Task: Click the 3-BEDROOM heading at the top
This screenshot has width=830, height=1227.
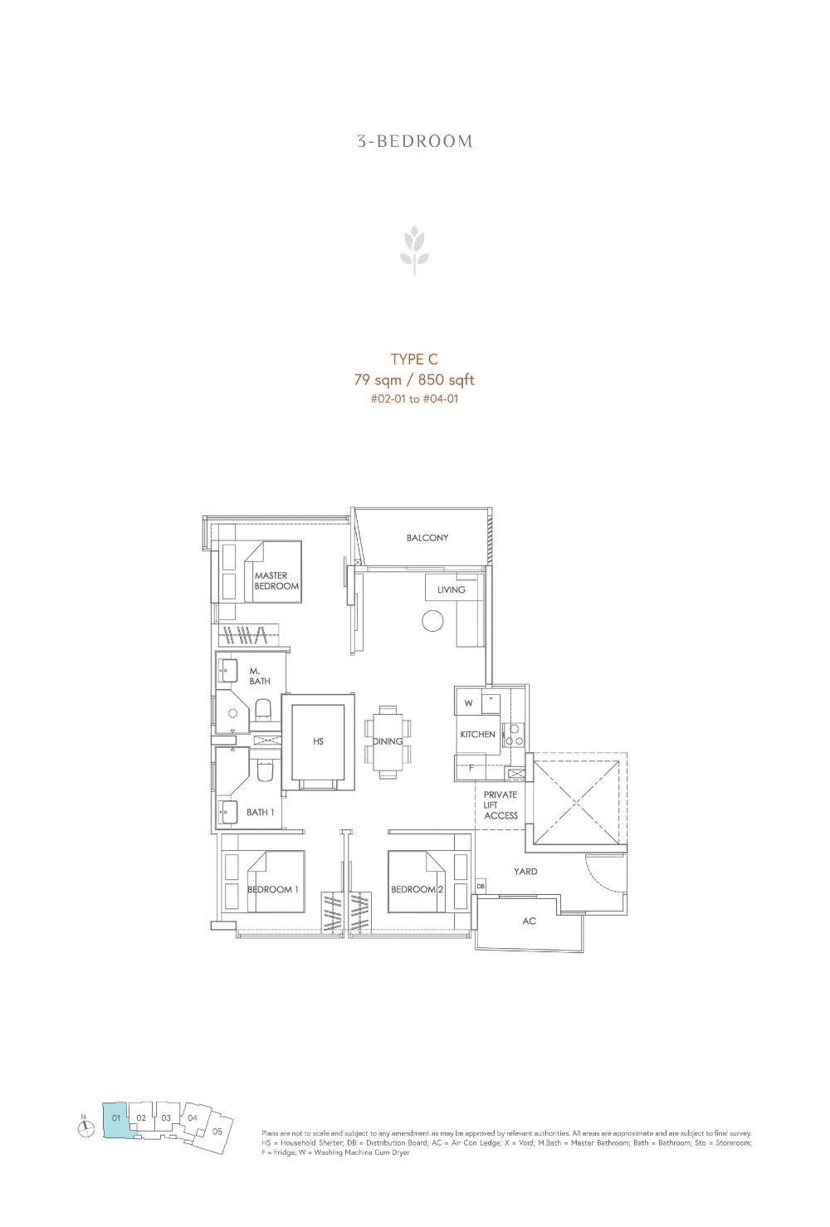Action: pyautogui.click(x=415, y=141)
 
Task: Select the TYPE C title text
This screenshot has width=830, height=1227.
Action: pyautogui.click(x=414, y=359)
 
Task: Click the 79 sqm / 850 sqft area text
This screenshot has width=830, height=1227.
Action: pyautogui.click(x=414, y=380)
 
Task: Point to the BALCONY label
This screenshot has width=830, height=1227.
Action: pyautogui.click(x=427, y=538)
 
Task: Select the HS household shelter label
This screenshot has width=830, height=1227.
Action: pyautogui.click(x=318, y=741)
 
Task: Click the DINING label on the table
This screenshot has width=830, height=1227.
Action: pyautogui.click(x=388, y=741)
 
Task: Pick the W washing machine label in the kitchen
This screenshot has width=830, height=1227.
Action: pyautogui.click(x=468, y=703)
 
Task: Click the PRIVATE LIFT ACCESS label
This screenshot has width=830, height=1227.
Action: pyautogui.click(x=500, y=805)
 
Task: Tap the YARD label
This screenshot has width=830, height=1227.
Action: pyautogui.click(x=525, y=872)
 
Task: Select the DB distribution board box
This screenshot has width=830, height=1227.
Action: pyautogui.click(x=481, y=887)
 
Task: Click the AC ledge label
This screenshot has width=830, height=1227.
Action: pyautogui.click(x=529, y=921)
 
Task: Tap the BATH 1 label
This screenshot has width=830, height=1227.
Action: pyautogui.click(x=260, y=812)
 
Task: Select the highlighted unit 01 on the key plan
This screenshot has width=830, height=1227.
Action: pyautogui.click(x=115, y=1118)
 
